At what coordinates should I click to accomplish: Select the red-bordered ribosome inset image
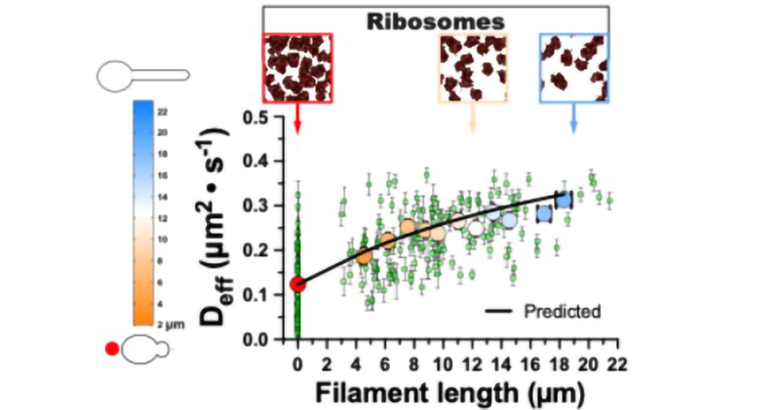pos(297,67)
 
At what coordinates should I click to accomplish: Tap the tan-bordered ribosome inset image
pos(474,67)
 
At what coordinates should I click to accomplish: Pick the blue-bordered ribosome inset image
pos(573,67)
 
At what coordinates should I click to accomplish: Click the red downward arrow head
pos(297,129)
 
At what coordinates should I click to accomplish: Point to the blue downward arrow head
pos(573,129)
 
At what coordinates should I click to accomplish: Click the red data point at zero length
pos(298,284)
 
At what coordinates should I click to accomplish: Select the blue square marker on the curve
pos(565,201)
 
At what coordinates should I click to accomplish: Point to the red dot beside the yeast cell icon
pos(114,348)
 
